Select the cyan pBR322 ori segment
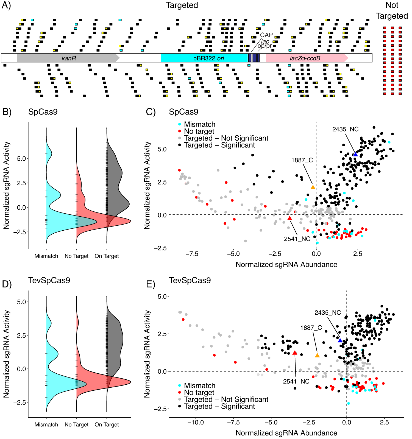click(205, 58)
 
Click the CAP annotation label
click(266, 35)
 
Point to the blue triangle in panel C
click(355, 154)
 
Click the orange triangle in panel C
click(313, 187)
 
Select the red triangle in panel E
click(295, 353)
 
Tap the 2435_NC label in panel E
click(327, 313)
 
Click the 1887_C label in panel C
click(302, 160)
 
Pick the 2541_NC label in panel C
click(297, 239)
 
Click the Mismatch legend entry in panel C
click(199, 124)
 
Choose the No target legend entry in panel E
click(199, 393)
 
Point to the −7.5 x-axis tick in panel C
click(192, 254)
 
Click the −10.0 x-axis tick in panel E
click(196, 423)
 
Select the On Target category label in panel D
click(107, 424)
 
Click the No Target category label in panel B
click(76, 256)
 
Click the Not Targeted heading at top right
click(392, 10)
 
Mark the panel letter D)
click(7, 284)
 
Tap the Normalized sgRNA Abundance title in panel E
click(286, 433)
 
